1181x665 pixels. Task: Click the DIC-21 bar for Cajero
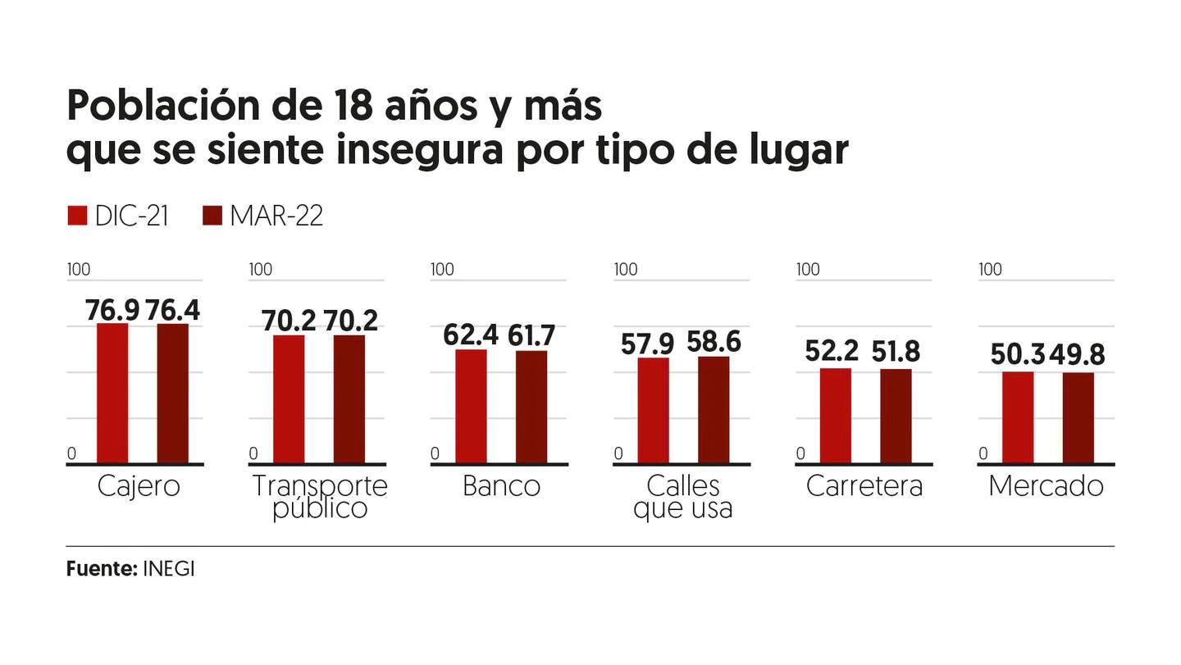click(112, 394)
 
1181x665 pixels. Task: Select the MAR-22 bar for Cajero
click(173, 394)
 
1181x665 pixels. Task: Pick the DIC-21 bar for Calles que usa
click(653, 411)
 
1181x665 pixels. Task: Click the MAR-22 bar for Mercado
click(1078, 418)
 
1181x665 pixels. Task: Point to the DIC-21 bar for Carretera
click(835, 416)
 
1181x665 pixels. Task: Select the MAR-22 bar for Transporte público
click(349, 399)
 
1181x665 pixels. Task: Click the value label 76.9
click(112, 311)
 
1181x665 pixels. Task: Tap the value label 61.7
click(531, 335)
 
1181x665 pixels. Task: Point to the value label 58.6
click(714, 343)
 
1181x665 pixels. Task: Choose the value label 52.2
click(832, 351)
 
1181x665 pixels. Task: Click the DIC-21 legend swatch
click(76, 216)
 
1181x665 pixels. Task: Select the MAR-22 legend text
click(276, 216)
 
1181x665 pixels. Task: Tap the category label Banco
click(501, 486)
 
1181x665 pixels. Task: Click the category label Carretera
click(864, 486)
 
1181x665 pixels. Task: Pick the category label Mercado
click(1046, 486)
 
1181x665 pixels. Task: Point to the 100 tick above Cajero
click(79, 269)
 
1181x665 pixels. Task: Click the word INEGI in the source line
click(168, 569)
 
